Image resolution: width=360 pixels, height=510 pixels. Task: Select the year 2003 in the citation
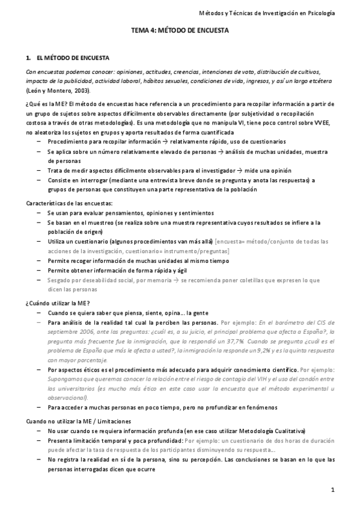coord(79,90)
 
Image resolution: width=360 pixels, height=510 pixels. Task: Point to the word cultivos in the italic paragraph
coord(307,71)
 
